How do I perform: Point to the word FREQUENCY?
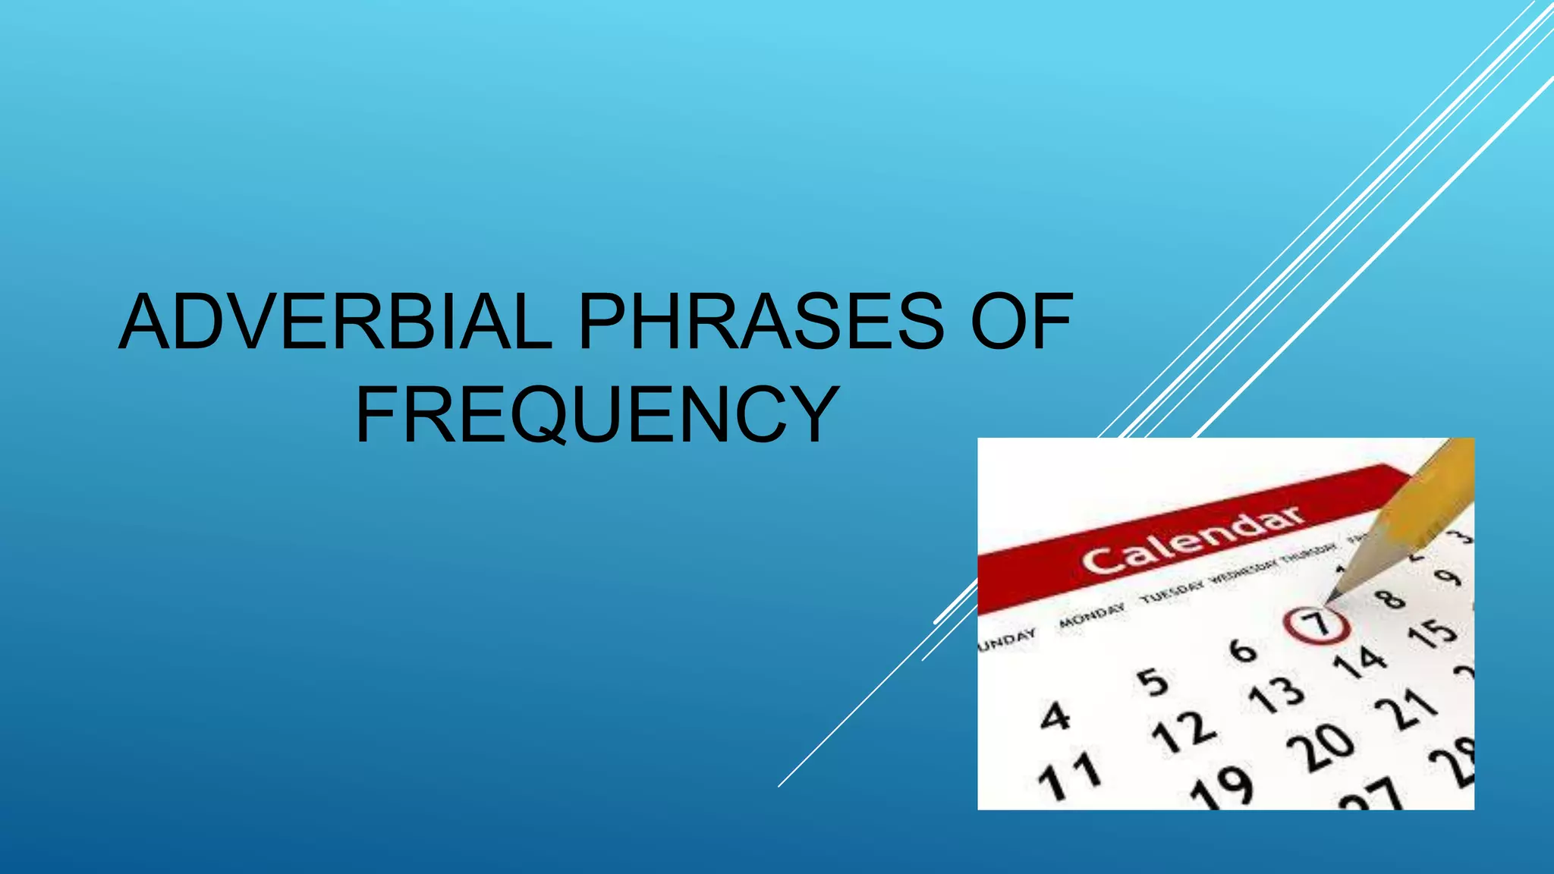[596, 415]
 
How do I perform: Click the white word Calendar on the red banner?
[1193, 539]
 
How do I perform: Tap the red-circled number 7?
[1317, 624]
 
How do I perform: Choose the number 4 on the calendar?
[1055, 715]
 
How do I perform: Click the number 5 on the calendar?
[1153, 681]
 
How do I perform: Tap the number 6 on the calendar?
[1243, 649]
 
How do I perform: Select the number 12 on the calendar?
[1183, 732]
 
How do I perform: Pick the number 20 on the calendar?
[1320, 747]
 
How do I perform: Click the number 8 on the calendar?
[1392, 599]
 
